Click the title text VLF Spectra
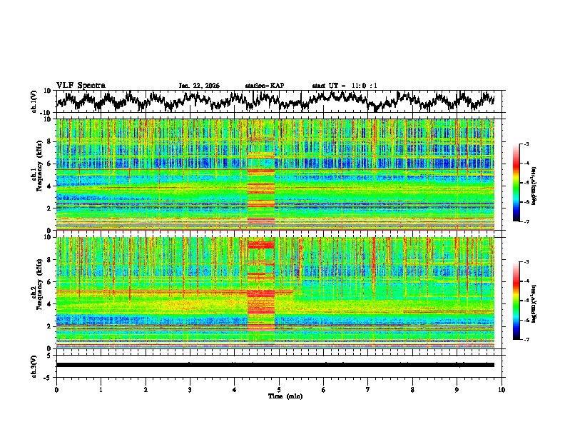point(81,85)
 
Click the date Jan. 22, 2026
point(199,86)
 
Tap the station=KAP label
point(264,86)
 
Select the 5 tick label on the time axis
point(279,389)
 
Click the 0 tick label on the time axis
point(56,389)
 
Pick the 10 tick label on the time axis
point(502,389)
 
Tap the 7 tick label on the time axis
point(368,389)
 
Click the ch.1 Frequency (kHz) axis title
point(37,174)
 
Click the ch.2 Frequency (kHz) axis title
point(37,293)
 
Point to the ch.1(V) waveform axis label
point(35,101)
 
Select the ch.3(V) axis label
point(35,364)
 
